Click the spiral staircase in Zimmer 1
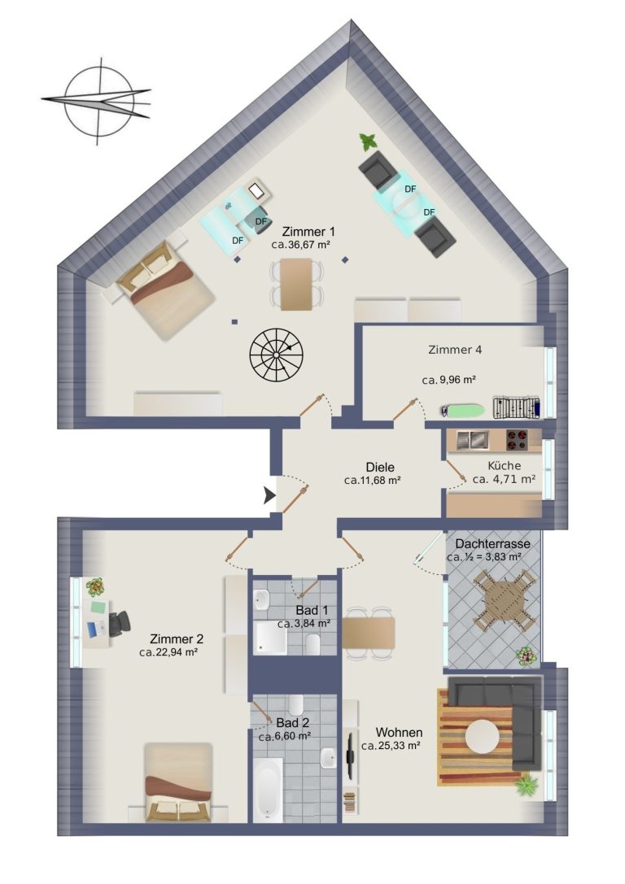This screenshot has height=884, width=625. [277, 355]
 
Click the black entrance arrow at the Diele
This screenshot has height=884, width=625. [269, 496]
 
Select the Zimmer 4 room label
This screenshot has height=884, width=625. [455, 350]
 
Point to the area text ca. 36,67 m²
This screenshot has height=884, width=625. [300, 245]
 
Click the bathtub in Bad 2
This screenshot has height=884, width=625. [268, 790]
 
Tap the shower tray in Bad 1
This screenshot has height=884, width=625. [270, 638]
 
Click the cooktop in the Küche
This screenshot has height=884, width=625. [516, 440]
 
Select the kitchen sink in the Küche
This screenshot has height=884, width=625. [471, 440]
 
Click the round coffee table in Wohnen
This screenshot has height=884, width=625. [483, 736]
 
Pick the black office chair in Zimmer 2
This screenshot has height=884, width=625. [120, 624]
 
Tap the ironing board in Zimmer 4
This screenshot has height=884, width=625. [462, 411]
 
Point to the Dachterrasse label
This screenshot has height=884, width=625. [492, 544]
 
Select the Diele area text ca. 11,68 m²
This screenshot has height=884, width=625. [372, 481]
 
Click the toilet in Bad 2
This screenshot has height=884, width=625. [296, 705]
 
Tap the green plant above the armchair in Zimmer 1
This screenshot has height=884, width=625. [369, 142]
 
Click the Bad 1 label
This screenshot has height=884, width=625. [312, 610]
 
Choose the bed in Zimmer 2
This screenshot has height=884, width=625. [178, 783]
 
